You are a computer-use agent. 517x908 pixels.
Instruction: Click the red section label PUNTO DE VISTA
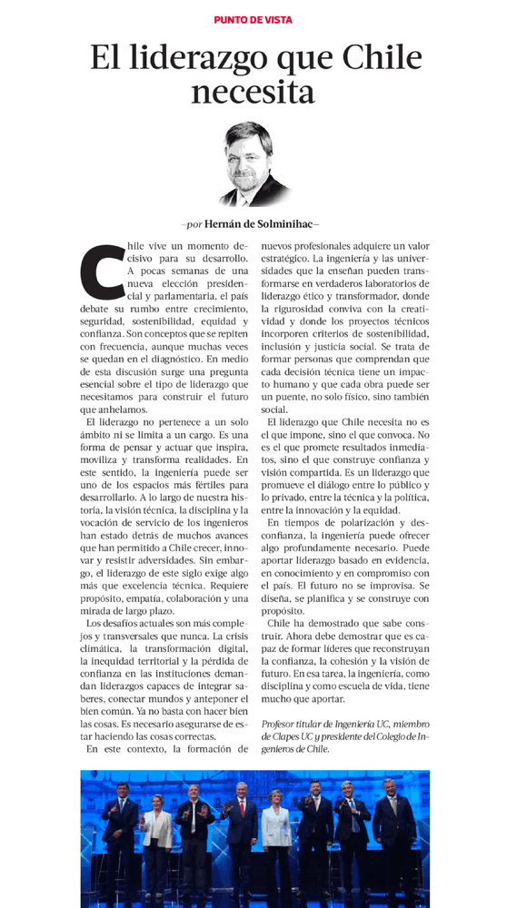[253, 19]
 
